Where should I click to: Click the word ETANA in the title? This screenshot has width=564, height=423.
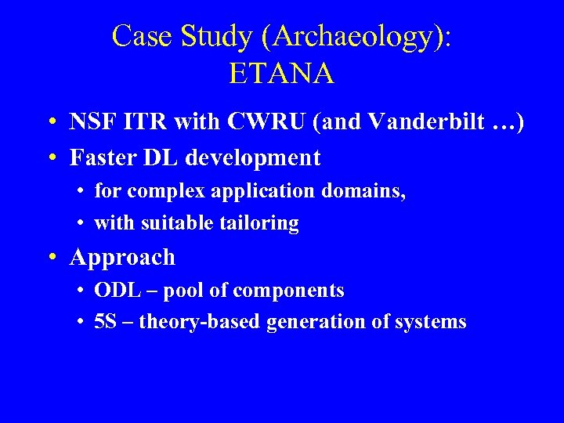[x=281, y=73]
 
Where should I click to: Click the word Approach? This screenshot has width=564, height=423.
[x=122, y=257]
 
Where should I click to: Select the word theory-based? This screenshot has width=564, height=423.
[x=200, y=322]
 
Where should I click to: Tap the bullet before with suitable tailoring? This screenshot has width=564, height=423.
[x=81, y=224]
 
